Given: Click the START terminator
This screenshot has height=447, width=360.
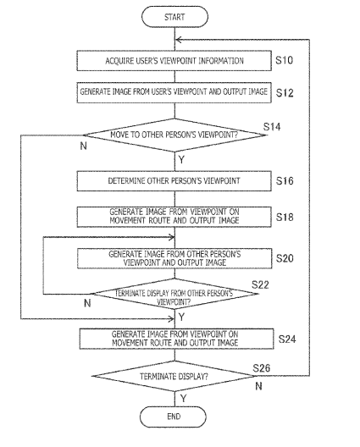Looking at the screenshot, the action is [174, 17].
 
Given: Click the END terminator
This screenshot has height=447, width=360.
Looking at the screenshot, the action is [173, 417].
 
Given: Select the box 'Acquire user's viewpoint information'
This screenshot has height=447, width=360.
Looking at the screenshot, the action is [174, 61].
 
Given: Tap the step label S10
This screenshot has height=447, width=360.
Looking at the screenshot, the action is [284, 60].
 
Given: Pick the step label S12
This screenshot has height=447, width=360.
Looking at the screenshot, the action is [285, 92].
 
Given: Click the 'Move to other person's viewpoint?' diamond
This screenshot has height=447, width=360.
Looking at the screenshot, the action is [174, 135].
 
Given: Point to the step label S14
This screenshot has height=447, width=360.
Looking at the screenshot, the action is [272, 127].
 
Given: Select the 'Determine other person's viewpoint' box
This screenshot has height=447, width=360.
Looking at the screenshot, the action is [174, 181].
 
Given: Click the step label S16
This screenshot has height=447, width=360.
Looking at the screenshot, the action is [285, 180].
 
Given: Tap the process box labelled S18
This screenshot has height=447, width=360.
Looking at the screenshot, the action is [174, 217].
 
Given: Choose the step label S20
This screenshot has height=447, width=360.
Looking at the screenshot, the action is [285, 258].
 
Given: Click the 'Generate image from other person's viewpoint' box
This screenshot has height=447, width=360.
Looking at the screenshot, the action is [174, 258].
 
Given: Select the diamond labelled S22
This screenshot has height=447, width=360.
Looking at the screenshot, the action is [174, 294].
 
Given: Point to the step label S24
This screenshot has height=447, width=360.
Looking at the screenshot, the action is [287, 339].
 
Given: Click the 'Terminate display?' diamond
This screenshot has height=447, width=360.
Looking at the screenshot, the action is [174, 376].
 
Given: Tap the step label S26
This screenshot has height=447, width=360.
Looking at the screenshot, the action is [261, 368].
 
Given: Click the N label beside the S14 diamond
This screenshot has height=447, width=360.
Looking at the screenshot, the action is [83, 146].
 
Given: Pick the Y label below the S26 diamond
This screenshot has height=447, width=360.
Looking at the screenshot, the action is [184, 399].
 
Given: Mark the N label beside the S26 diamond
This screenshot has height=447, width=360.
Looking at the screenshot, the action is [258, 386].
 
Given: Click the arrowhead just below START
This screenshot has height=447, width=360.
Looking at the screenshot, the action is [179, 40].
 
